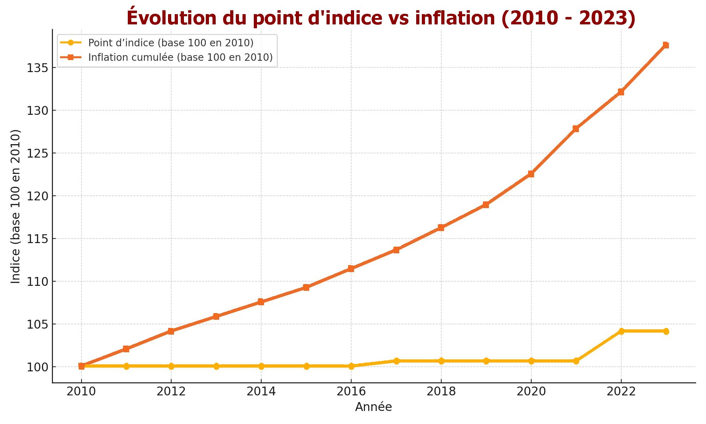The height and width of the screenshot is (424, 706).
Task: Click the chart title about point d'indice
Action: pyautogui.click(x=381, y=18)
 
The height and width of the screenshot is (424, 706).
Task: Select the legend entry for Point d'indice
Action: pyautogui.click(x=170, y=43)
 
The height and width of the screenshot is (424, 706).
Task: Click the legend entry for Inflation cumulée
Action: pyautogui.click(x=180, y=57)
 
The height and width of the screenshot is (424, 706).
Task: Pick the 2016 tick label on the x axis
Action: pyautogui.click(x=351, y=391)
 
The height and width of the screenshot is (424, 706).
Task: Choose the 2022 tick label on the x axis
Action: pyautogui.click(x=621, y=391)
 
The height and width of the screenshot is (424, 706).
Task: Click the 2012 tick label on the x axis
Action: pyautogui.click(x=171, y=391)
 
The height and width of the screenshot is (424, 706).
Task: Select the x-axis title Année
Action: pyautogui.click(x=373, y=407)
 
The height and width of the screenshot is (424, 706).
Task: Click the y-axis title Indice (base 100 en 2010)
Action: pyautogui.click(x=16, y=206)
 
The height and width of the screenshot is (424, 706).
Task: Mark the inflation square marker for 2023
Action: pyautogui.click(x=666, y=45)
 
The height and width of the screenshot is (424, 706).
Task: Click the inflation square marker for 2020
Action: pyautogui.click(x=531, y=174)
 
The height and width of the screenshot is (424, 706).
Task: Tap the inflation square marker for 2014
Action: pyautogui.click(x=261, y=302)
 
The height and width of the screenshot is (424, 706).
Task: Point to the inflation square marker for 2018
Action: pyautogui.click(x=441, y=228)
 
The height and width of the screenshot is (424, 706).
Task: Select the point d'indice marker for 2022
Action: pyautogui.click(x=621, y=331)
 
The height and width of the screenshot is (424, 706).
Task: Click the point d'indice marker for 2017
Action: pyautogui.click(x=396, y=361)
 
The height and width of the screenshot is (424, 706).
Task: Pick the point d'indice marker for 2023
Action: pyautogui.click(x=666, y=331)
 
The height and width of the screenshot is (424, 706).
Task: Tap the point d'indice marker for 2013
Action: pyautogui.click(x=216, y=366)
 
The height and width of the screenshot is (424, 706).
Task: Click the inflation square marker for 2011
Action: pyautogui.click(x=126, y=349)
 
